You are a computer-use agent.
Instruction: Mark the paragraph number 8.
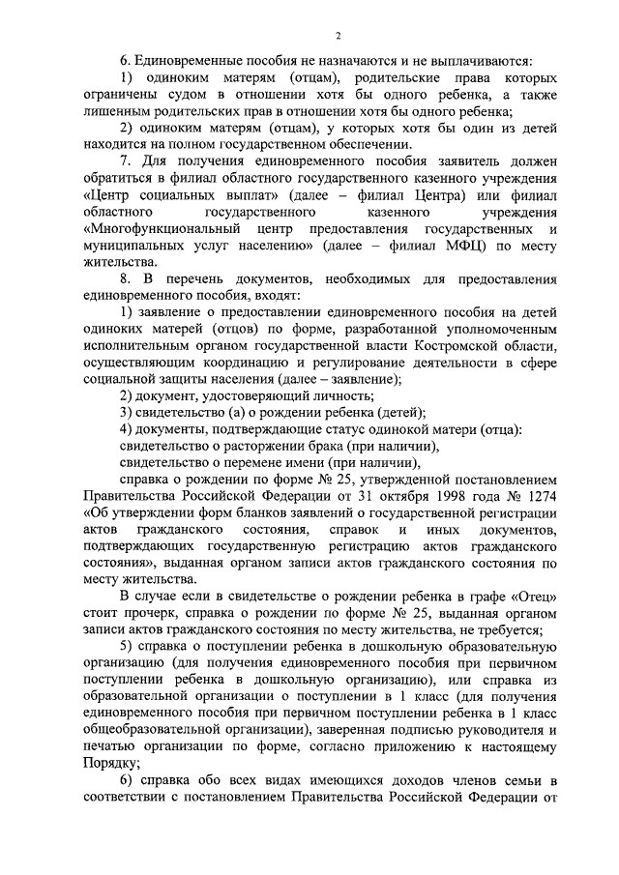pos(125,278)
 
